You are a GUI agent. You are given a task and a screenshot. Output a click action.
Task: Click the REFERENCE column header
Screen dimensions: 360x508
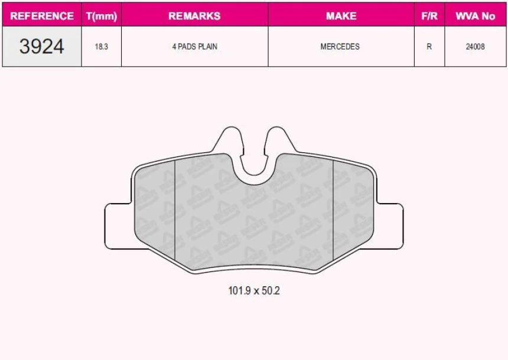pyautogui.click(x=42, y=16)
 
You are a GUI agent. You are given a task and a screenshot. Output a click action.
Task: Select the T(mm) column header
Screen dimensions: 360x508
pyautogui.click(x=102, y=16)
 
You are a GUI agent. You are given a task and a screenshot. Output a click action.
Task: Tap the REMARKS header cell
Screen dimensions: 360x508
pyautogui.click(x=194, y=16)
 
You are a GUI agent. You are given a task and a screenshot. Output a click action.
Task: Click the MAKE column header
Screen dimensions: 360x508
pyautogui.click(x=341, y=16)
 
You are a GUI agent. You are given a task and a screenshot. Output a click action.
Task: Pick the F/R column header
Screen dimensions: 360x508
pyautogui.click(x=429, y=16)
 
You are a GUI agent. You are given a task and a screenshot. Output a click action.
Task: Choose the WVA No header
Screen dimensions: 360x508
pyautogui.click(x=475, y=16)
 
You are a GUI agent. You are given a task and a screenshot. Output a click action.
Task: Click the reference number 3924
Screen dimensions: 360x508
pyautogui.click(x=42, y=47)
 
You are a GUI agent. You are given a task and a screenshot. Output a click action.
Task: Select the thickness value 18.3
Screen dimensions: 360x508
pyautogui.click(x=102, y=47)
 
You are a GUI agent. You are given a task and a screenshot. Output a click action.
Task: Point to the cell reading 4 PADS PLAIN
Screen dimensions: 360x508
pyautogui.click(x=194, y=47)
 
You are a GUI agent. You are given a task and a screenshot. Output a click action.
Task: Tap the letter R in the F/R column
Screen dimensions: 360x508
pyautogui.click(x=429, y=47)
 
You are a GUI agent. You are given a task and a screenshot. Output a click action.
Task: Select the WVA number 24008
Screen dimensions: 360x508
pyautogui.click(x=475, y=47)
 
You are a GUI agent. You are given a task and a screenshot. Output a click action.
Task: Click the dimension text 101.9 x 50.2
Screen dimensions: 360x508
pyautogui.click(x=254, y=291)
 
